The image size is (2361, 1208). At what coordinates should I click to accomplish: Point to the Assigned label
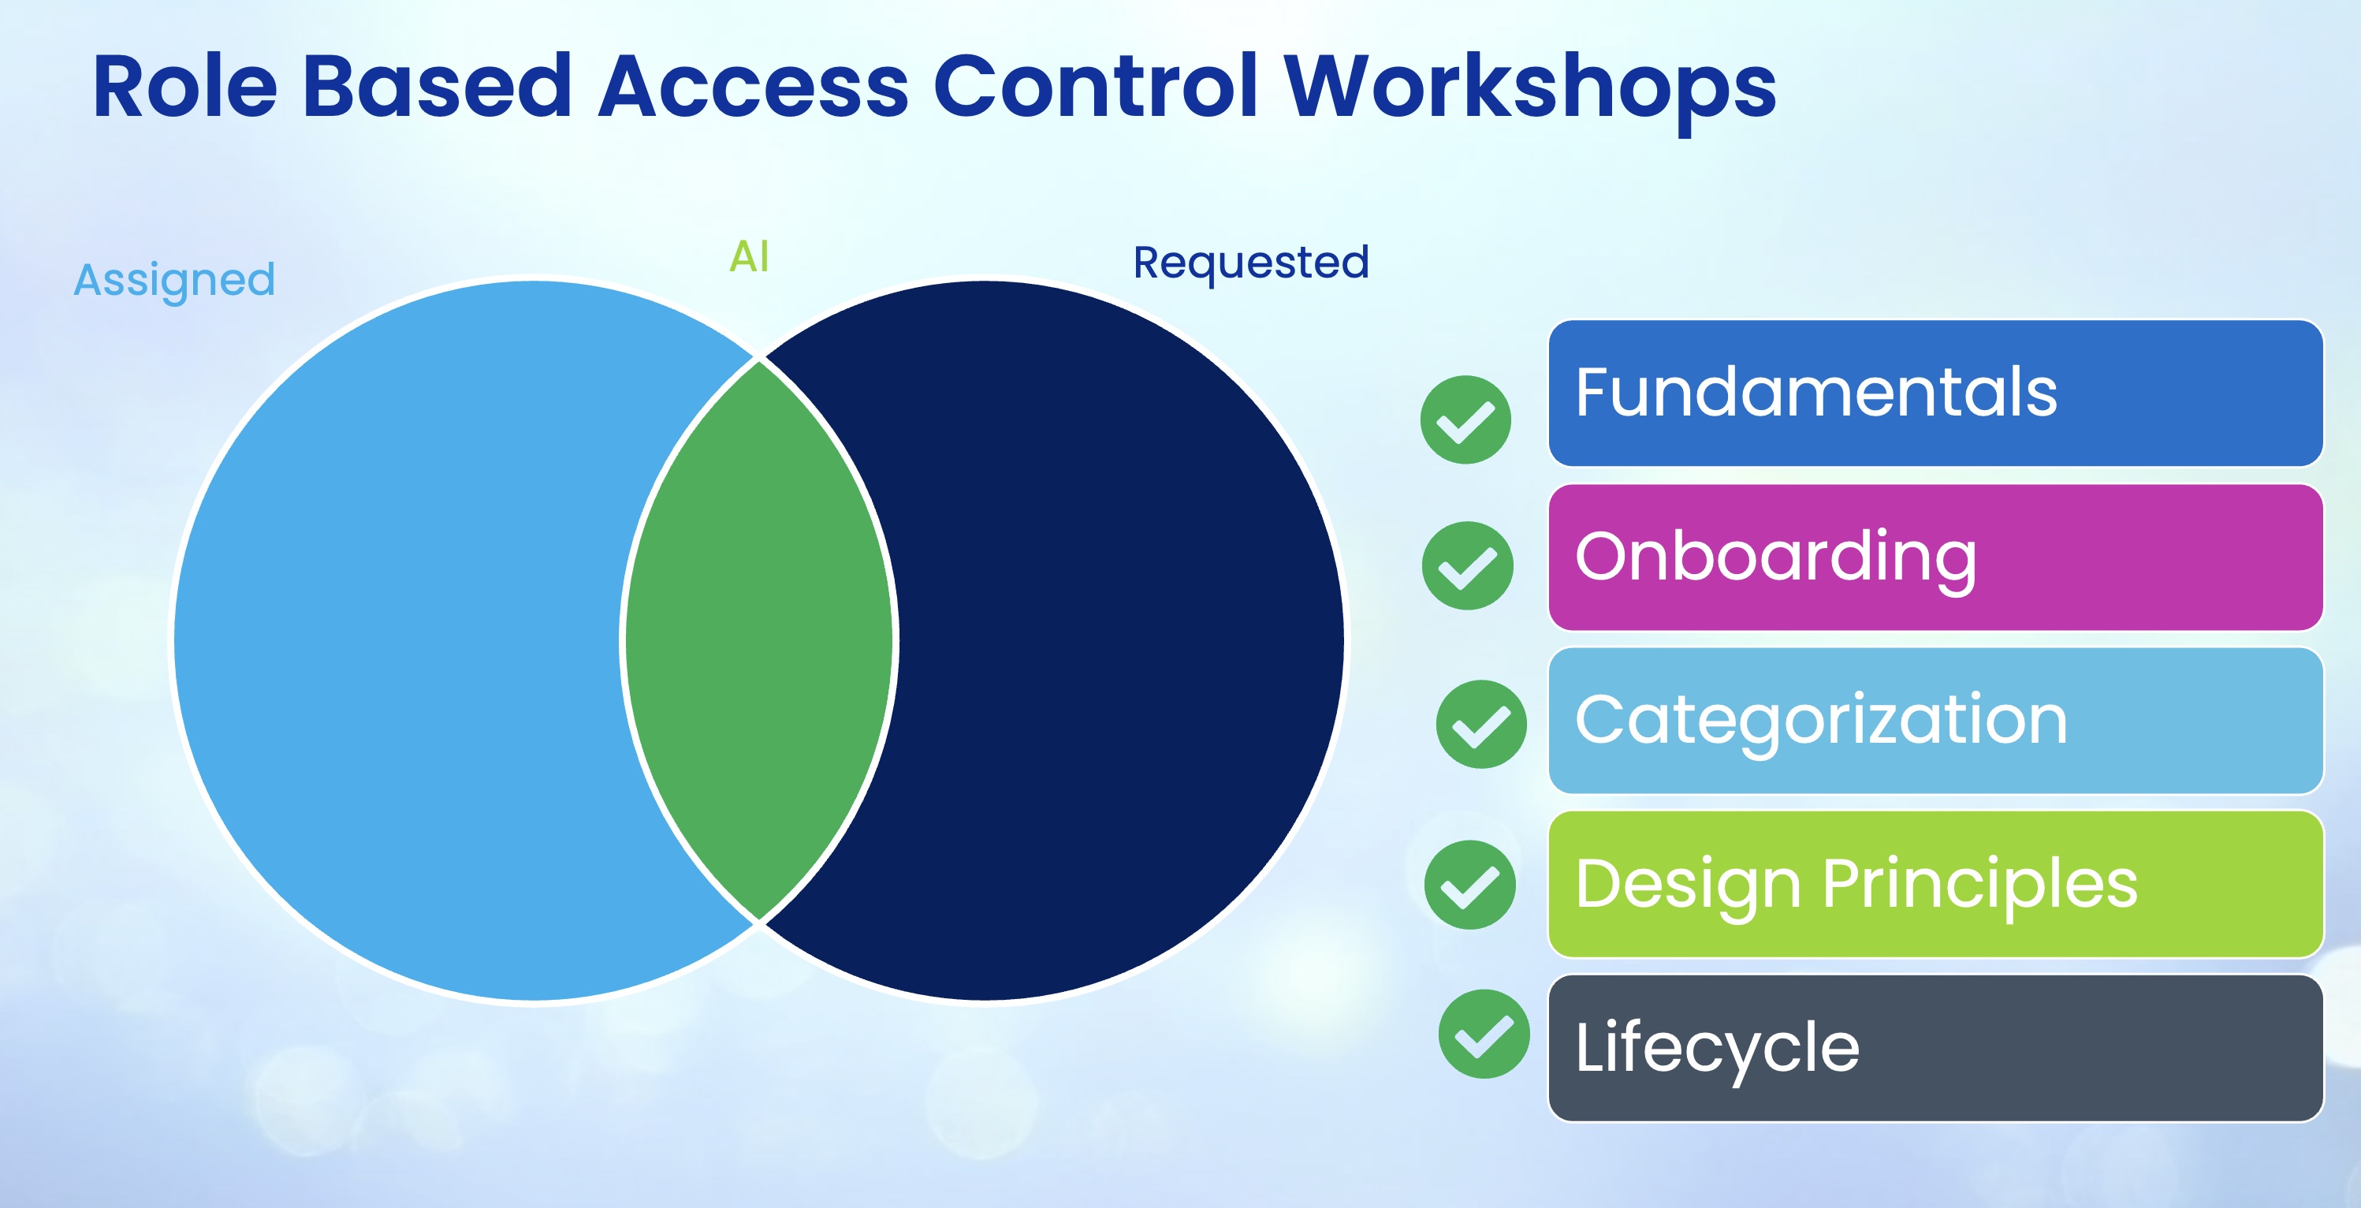(x=174, y=280)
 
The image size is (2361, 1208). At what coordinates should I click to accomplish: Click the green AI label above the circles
(x=749, y=256)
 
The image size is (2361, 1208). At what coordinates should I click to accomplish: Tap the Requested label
(x=1251, y=263)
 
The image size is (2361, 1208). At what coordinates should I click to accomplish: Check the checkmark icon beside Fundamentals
(x=1465, y=419)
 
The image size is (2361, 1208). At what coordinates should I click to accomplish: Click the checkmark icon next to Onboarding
(x=1467, y=565)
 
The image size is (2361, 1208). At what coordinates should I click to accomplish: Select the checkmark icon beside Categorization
(x=1481, y=724)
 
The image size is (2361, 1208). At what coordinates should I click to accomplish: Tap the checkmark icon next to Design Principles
(x=1469, y=885)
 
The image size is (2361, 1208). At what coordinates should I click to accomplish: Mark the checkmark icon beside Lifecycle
(x=1484, y=1034)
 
